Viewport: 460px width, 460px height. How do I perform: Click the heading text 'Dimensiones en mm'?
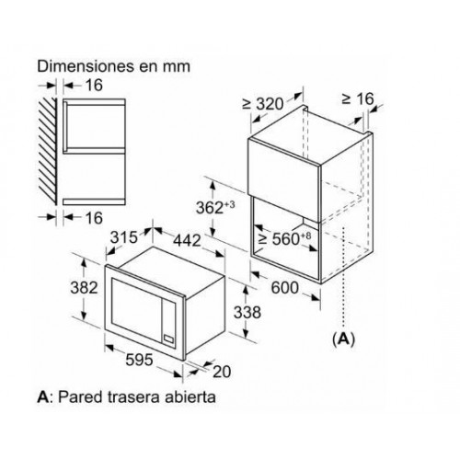coord(113,66)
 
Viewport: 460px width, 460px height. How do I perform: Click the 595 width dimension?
coord(139,360)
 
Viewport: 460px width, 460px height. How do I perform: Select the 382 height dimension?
coord(84,288)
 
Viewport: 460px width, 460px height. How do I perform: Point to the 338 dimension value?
coord(247,313)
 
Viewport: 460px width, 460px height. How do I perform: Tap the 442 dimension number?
coord(187,240)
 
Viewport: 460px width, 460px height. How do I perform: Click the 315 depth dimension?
coord(124,237)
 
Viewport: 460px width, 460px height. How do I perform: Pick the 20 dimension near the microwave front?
coord(222,372)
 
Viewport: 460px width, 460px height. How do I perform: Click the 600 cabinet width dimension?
coord(284,288)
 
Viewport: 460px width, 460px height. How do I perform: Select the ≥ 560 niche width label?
coord(284,238)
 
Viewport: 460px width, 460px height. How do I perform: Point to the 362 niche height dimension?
coord(215,207)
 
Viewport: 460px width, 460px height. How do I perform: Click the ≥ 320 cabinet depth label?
coord(263,104)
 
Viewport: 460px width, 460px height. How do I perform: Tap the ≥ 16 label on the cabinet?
coord(358,98)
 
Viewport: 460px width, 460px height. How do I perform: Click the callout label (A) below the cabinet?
coord(343,339)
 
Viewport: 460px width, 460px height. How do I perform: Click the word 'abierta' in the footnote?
coord(190,397)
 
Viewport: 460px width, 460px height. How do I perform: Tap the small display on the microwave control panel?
coord(169,339)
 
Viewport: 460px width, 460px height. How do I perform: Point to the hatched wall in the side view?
coord(48,151)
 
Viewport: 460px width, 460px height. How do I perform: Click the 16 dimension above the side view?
coord(94,85)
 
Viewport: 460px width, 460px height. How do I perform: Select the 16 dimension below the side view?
coord(94,218)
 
